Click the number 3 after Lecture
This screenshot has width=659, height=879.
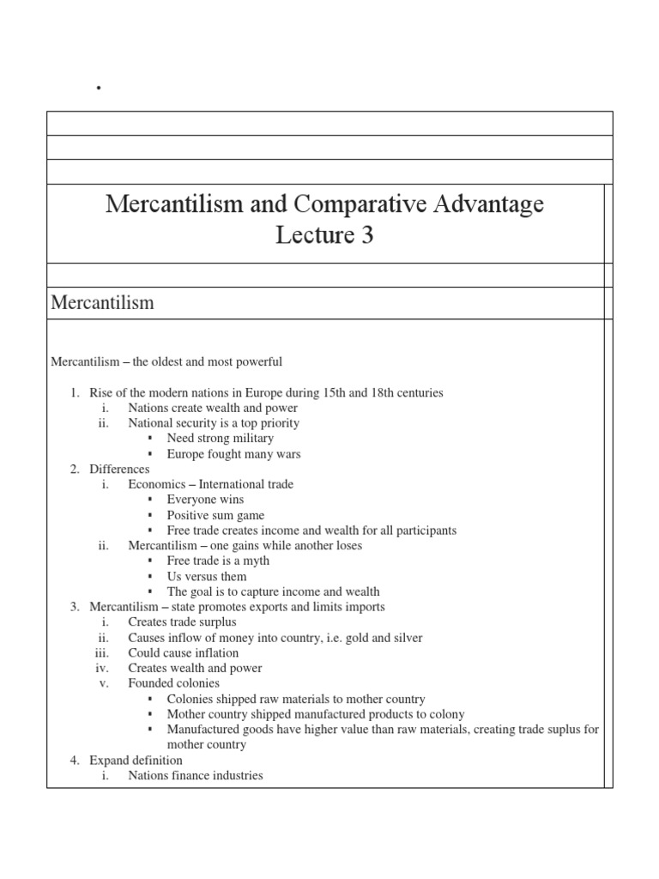coord(366,236)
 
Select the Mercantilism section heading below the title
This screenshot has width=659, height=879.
coord(102,302)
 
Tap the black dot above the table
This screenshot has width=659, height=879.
coord(100,88)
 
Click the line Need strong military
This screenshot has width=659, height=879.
coord(220,439)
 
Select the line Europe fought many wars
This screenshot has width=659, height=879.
coord(233,454)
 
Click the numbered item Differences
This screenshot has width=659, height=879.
coord(118,469)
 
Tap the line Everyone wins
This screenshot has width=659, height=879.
coord(205,500)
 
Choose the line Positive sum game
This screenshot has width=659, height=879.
coord(215,515)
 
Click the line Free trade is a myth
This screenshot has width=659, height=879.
coord(218,561)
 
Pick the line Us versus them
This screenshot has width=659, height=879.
coord(206,576)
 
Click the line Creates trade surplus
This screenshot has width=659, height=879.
coord(182,621)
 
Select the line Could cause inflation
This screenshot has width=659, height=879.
coord(184,652)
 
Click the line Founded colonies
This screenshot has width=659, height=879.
coord(173,683)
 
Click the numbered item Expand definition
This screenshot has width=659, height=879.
coord(136,761)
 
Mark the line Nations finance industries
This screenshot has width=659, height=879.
coord(196,776)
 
